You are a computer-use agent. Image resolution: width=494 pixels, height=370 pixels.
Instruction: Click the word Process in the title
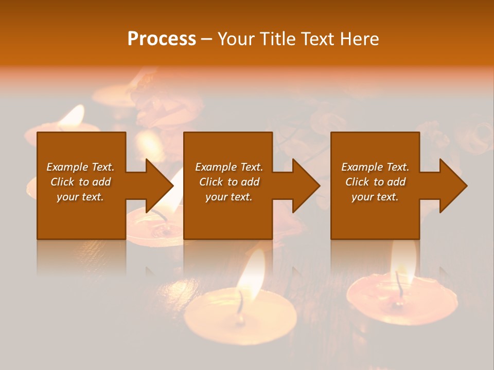click(162, 39)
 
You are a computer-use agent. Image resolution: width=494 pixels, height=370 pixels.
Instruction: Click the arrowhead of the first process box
click(160, 186)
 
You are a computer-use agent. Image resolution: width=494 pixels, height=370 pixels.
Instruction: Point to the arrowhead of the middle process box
click(306, 186)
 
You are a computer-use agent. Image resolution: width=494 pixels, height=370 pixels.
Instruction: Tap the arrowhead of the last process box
click(453, 186)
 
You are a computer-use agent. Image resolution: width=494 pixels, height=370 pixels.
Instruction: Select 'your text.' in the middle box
click(228, 197)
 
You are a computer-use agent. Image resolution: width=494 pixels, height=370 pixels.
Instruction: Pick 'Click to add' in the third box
click(375, 182)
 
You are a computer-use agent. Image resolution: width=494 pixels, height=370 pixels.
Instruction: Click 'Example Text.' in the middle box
click(228, 167)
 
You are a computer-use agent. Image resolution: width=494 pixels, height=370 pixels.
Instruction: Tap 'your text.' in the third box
click(375, 197)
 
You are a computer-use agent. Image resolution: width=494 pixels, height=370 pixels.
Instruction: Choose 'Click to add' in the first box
click(80, 182)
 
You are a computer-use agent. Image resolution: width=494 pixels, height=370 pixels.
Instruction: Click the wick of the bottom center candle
click(240, 303)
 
